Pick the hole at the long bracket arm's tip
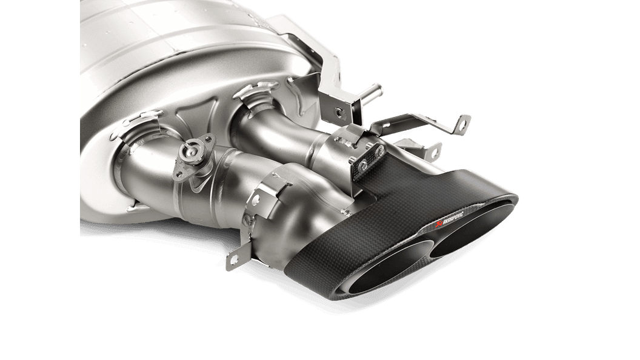tap(462, 123)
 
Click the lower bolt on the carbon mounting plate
tap(362, 165)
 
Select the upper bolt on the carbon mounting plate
tap(380, 152)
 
